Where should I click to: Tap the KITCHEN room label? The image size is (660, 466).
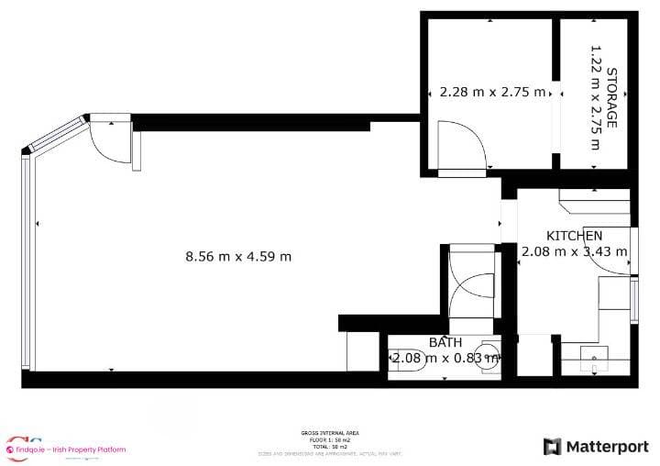pos(575,236)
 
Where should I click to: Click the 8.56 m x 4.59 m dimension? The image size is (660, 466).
pos(238,257)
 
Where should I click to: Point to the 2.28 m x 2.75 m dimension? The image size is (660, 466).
pos(492,92)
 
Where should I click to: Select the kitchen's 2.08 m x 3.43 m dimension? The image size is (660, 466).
pos(575,251)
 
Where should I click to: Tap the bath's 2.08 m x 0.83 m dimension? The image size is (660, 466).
pos(445,358)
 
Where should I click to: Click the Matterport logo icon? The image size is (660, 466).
pos(552,447)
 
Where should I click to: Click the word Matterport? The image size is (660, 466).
pos(606,447)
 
